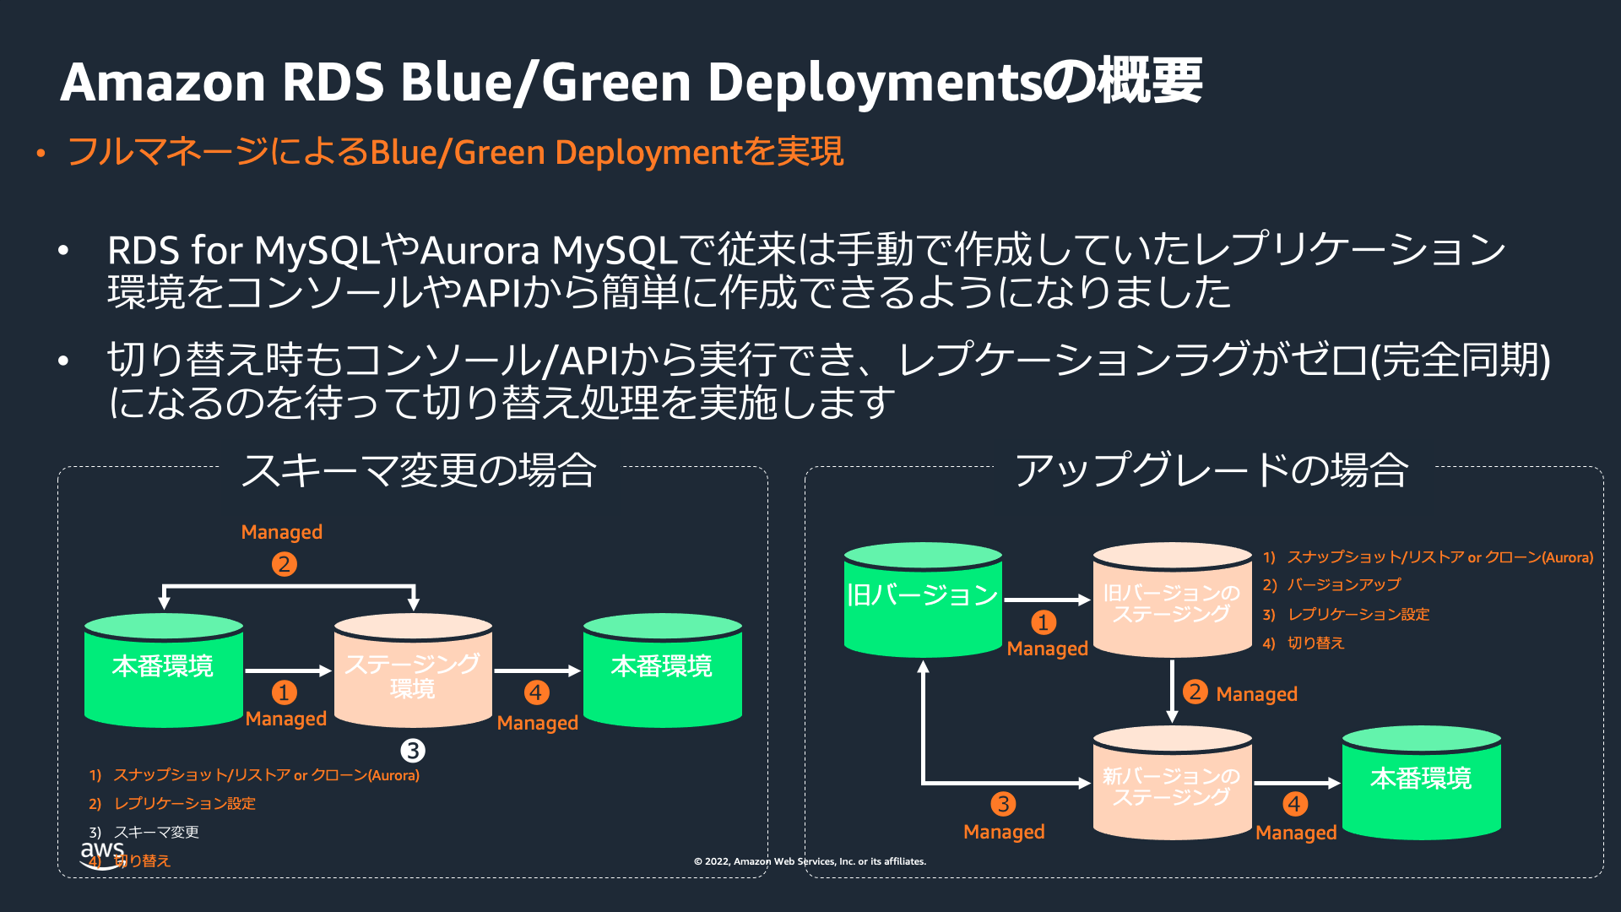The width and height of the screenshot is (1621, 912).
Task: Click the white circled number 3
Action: [412, 751]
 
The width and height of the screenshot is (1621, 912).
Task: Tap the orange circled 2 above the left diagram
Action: [285, 564]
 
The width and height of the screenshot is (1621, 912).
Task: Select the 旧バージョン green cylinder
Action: [923, 600]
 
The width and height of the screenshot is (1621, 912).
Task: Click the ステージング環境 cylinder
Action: [413, 671]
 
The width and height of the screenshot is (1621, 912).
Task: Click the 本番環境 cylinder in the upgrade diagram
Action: [1421, 784]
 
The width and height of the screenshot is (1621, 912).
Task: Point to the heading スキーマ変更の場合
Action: [419, 470]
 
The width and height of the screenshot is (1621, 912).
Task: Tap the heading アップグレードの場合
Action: [1212, 470]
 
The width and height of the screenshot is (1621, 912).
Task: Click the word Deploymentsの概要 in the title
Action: [954, 82]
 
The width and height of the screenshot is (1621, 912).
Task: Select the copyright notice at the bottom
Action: [810, 861]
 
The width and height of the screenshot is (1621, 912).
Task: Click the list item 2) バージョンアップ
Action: [1331, 585]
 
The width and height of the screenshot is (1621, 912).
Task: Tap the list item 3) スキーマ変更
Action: [144, 833]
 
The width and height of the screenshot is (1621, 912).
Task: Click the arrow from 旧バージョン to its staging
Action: [1047, 600]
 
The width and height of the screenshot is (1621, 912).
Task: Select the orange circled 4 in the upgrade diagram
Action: [1295, 804]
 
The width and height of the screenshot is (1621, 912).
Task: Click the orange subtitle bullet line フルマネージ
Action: [455, 153]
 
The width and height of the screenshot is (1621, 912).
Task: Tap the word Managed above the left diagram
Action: [282, 532]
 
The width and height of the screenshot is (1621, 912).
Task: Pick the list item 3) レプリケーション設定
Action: [1346, 615]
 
